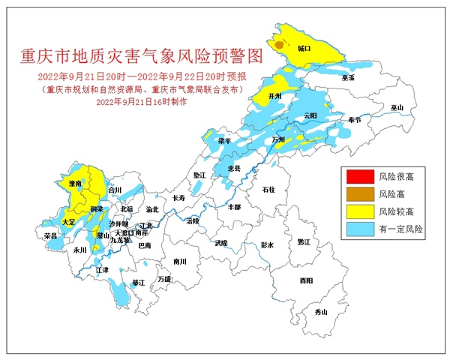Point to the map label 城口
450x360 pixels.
pos(304,48)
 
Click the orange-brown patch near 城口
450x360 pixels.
pos(279,45)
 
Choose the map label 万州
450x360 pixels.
pos(279,139)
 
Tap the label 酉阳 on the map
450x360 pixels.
pos(306,280)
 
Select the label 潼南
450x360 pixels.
pos(74,182)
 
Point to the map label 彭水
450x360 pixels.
pos(268,244)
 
